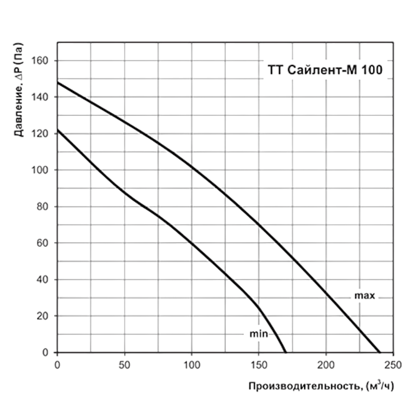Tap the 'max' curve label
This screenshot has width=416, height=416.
365,295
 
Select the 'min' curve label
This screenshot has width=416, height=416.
258,334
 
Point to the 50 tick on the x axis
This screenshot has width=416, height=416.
124,365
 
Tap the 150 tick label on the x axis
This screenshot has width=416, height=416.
258,365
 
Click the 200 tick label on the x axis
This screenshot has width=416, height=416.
326,365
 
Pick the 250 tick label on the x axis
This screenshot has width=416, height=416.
393,365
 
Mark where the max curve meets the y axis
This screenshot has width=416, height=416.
57,82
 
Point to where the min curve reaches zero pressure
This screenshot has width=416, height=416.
285,352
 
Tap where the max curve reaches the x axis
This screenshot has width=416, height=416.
380,352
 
